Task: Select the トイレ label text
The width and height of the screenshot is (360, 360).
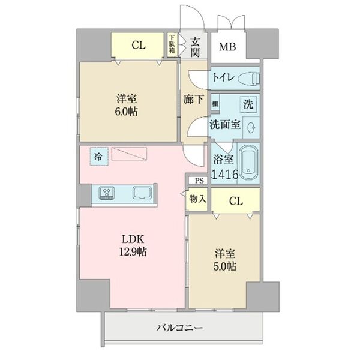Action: tap(221, 78)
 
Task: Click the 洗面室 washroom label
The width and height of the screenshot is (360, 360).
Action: tap(224, 125)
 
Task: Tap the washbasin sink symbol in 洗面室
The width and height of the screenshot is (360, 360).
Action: tap(251, 126)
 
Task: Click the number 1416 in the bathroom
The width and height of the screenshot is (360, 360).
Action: tap(225, 174)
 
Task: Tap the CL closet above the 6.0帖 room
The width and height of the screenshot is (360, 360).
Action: tap(138, 44)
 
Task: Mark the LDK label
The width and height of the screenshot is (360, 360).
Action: tap(133, 238)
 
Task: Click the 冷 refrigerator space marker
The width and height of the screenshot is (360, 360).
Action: tap(97, 156)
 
